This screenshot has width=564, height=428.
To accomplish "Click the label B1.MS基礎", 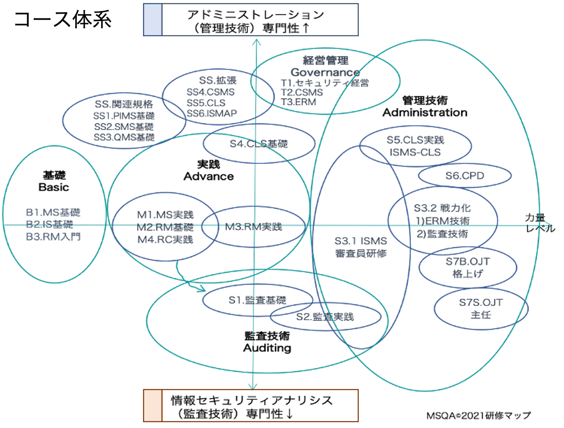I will pos(53,213).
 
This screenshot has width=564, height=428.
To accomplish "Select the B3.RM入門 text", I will pos(53,237).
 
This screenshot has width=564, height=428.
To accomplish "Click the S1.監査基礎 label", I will pos(257,300).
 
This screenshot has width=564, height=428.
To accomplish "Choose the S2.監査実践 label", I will pos(325,317).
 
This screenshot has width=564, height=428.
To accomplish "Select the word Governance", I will pos(325,72).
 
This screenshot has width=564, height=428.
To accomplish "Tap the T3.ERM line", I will pos(298,102).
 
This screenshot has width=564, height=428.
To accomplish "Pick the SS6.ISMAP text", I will pos(211,113).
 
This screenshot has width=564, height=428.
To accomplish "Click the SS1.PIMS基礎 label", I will pos(124,115).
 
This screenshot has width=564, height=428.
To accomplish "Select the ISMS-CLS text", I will pos(415,152).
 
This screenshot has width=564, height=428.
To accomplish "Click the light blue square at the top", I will pos(153,19).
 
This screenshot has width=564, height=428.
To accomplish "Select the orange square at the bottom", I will pos(153,405).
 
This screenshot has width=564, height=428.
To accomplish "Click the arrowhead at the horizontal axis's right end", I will pos(548,225).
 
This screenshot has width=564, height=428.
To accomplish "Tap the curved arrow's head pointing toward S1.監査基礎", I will pos(203,289).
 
